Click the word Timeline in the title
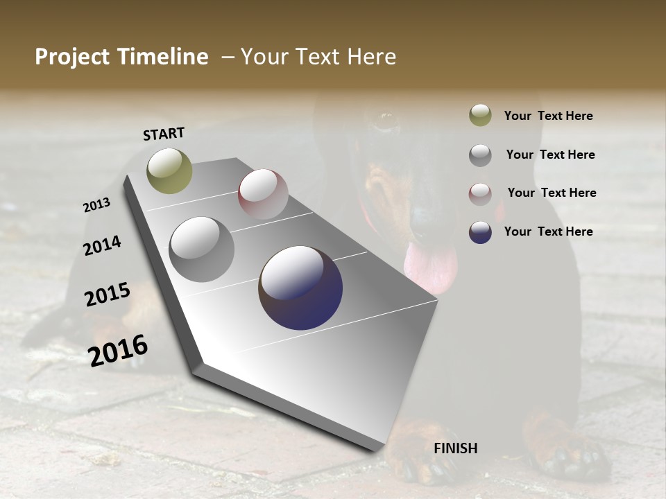tap(162, 57)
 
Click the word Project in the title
tap(73, 57)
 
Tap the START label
tap(164, 134)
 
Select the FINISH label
tap(456, 448)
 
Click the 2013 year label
tap(97, 205)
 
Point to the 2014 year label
tap(103, 245)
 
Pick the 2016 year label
tap(118, 351)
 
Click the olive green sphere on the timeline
tap(169, 171)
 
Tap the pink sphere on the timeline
tap(263, 194)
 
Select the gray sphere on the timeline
tap(201, 249)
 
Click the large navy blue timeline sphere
tap(300, 288)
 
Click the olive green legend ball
tap(480, 115)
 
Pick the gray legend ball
tap(480, 155)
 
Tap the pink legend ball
tap(480, 194)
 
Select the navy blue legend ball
tap(480, 232)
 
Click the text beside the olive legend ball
tap(548, 116)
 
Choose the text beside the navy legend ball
tap(548, 231)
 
